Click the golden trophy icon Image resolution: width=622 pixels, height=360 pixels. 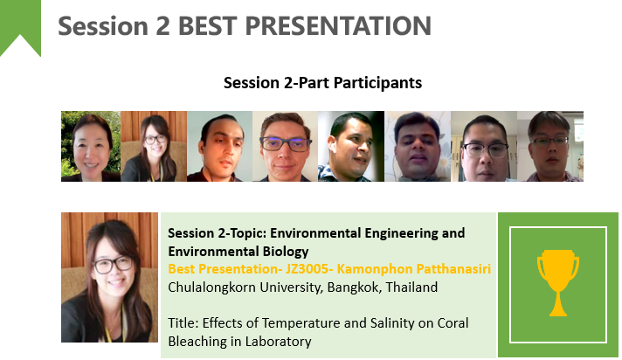click(557, 282)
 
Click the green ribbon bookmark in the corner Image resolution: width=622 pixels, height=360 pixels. click(20, 28)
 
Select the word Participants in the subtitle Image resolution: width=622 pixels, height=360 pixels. click(377, 83)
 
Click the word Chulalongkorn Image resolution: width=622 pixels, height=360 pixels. click(211, 287)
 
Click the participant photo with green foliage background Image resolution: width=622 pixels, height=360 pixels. click(91, 147)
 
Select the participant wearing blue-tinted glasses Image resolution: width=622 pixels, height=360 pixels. click(285, 147)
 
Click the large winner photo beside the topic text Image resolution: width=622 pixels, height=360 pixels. click(109, 277)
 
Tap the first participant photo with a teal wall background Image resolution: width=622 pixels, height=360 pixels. click(219, 147)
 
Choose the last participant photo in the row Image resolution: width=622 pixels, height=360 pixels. click(550, 147)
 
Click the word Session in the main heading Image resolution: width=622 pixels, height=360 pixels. click(103, 26)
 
